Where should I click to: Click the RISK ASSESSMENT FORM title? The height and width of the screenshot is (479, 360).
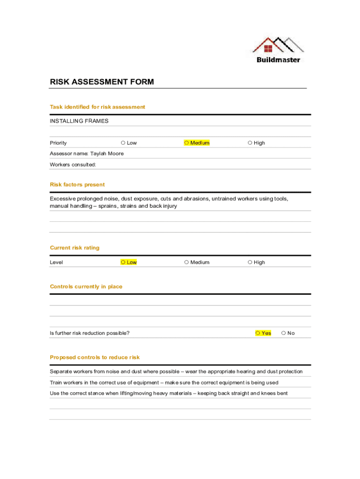click(102, 82)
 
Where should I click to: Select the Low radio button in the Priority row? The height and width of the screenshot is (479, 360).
click(122, 143)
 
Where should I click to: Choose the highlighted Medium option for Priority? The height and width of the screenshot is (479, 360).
click(186, 143)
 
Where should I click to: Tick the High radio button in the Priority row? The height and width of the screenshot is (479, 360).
click(250, 143)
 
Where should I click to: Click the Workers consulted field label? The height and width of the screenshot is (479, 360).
click(73, 165)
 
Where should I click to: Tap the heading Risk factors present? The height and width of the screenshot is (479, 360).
click(77, 185)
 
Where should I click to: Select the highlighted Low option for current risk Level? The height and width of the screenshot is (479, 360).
click(123, 262)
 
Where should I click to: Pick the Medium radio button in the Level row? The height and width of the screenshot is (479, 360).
click(186, 262)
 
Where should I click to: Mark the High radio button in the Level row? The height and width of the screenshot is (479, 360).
click(250, 262)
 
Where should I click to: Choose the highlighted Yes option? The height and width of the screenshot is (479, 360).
click(258, 333)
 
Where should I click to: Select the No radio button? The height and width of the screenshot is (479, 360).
click(283, 333)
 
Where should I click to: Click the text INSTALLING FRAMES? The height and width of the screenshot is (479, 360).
click(79, 121)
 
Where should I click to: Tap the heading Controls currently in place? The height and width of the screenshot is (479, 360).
click(86, 287)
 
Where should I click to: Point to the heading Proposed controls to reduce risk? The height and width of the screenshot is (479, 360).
click(94, 357)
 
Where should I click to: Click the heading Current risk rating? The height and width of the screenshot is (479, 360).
click(74, 248)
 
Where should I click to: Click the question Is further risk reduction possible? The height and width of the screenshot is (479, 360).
click(90, 333)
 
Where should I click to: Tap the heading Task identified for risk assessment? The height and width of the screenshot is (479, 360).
click(97, 107)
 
